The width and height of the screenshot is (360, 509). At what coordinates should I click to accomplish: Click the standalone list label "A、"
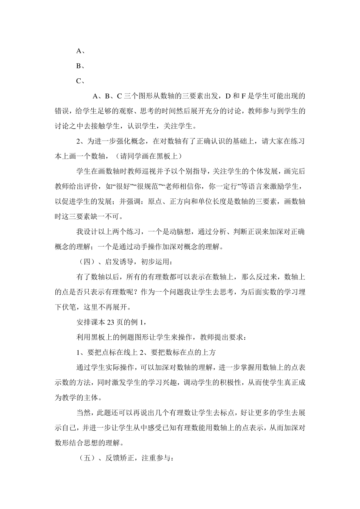[80, 51]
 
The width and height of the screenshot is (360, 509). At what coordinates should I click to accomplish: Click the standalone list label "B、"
[80, 66]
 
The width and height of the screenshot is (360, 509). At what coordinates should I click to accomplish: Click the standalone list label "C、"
[80, 81]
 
